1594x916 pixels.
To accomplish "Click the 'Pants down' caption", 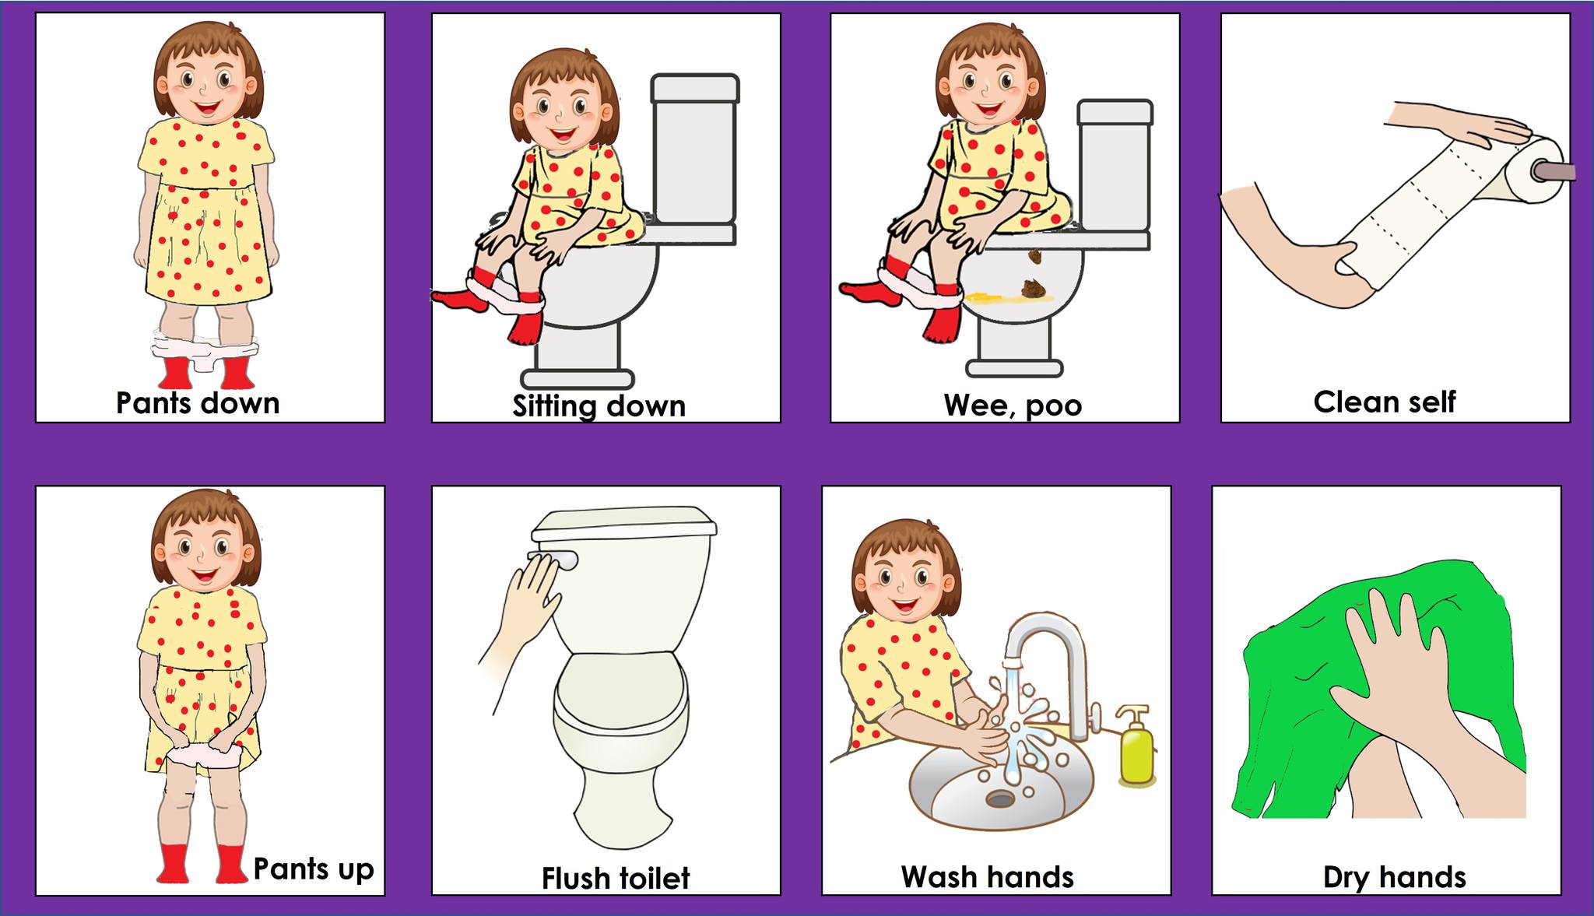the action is click(x=198, y=403).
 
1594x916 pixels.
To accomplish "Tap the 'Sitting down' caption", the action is click(x=599, y=406).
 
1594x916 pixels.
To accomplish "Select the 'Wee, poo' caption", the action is click(x=1013, y=405).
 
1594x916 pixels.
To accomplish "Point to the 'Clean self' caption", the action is click(x=1385, y=402).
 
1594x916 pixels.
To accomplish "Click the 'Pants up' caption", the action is click(x=314, y=869).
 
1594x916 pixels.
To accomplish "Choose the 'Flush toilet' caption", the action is click(x=616, y=878).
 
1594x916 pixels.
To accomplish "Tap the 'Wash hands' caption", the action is click(x=988, y=876).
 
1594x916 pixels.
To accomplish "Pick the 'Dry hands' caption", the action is click(x=1395, y=877).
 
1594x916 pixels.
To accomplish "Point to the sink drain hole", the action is click(x=999, y=798).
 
